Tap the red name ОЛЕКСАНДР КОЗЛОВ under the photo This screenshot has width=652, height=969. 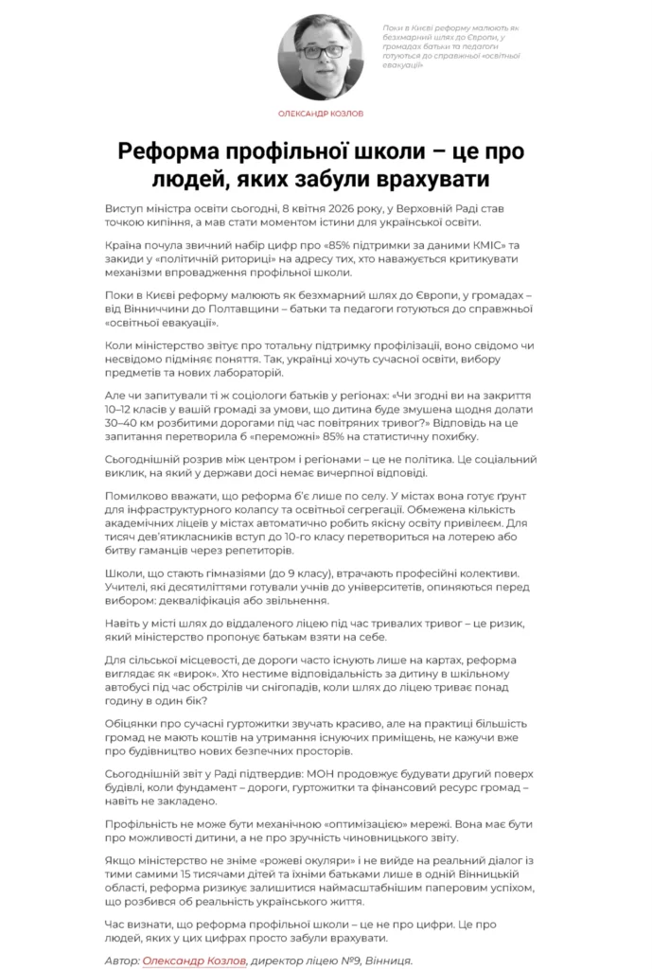(x=325, y=113)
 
